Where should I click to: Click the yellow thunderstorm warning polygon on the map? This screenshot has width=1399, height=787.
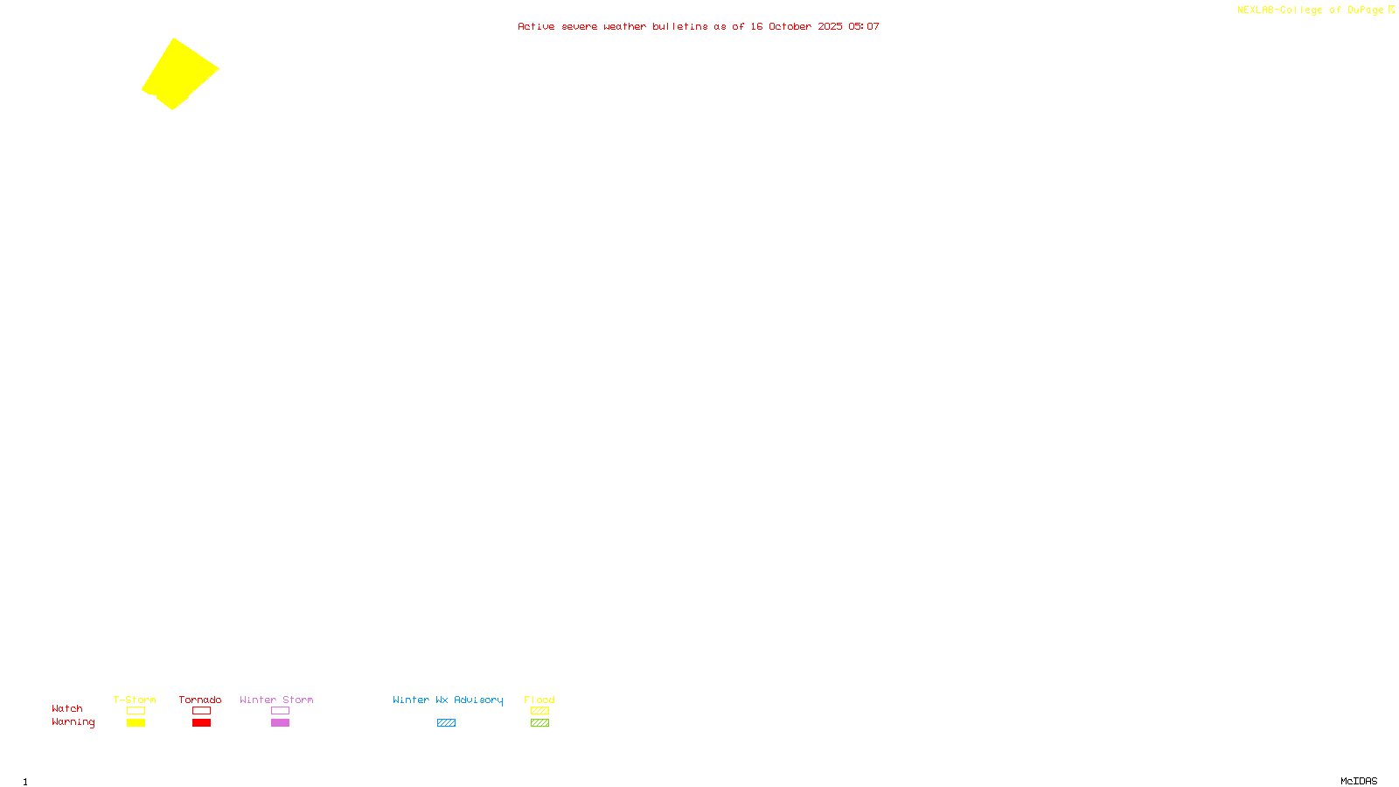click(x=180, y=73)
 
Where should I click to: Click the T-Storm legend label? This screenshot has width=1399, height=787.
click(x=135, y=700)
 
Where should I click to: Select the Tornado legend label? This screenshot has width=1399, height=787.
click(x=200, y=700)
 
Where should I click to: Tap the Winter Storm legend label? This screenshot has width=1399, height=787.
click(x=276, y=700)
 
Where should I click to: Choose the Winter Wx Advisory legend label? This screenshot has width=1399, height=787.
click(x=448, y=700)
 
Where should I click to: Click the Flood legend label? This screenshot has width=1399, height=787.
click(x=539, y=700)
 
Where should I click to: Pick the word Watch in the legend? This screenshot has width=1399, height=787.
click(x=67, y=708)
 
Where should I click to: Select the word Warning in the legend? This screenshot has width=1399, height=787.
click(x=73, y=722)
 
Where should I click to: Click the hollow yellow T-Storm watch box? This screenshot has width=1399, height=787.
click(x=136, y=711)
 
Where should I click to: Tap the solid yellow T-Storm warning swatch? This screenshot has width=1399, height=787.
click(x=136, y=723)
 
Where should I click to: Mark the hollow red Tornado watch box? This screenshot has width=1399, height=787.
click(x=201, y=711)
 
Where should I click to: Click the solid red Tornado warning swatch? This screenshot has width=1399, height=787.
click(x=201, y=723)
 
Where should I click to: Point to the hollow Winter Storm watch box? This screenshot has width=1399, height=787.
click(x=280, y=711)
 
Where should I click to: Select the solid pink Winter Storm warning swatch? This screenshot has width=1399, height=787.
click(x=280, y=723)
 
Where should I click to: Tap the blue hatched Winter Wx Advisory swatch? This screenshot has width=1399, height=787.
click(x=446, y=723)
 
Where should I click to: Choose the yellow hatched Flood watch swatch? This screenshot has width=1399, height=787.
click(x=539, y=711)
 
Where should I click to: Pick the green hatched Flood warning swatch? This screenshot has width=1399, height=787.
click(x=539, y=723)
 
